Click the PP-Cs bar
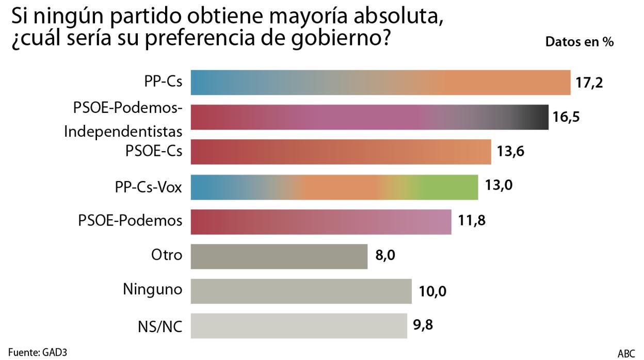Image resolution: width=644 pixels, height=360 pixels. coord(380,83)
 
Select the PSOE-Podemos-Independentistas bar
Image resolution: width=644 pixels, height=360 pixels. coord(369,117)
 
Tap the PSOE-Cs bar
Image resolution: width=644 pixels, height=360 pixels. coord(341,152)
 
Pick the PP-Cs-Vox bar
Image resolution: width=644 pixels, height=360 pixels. coord(334,187)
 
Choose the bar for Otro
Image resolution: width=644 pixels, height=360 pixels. coord(279,256)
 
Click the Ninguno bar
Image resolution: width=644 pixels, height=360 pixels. coord(301,291)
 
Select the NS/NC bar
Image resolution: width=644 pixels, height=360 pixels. coord(299,326)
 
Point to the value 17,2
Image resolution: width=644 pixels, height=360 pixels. coord(589,83)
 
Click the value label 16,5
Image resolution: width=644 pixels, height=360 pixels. coord(566,117)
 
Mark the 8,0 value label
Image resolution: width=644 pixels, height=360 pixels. coord(384,256)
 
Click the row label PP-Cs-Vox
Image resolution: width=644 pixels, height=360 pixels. coord(149,187)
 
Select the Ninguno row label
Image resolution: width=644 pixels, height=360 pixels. coord(152,290)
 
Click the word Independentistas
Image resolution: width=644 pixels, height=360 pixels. coord(123,132)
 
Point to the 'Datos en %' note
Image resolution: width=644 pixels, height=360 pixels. coord(579,42)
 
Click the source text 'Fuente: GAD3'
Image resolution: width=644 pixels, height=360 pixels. coord(38,352)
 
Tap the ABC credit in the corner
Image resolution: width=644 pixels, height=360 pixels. coord(626,353)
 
